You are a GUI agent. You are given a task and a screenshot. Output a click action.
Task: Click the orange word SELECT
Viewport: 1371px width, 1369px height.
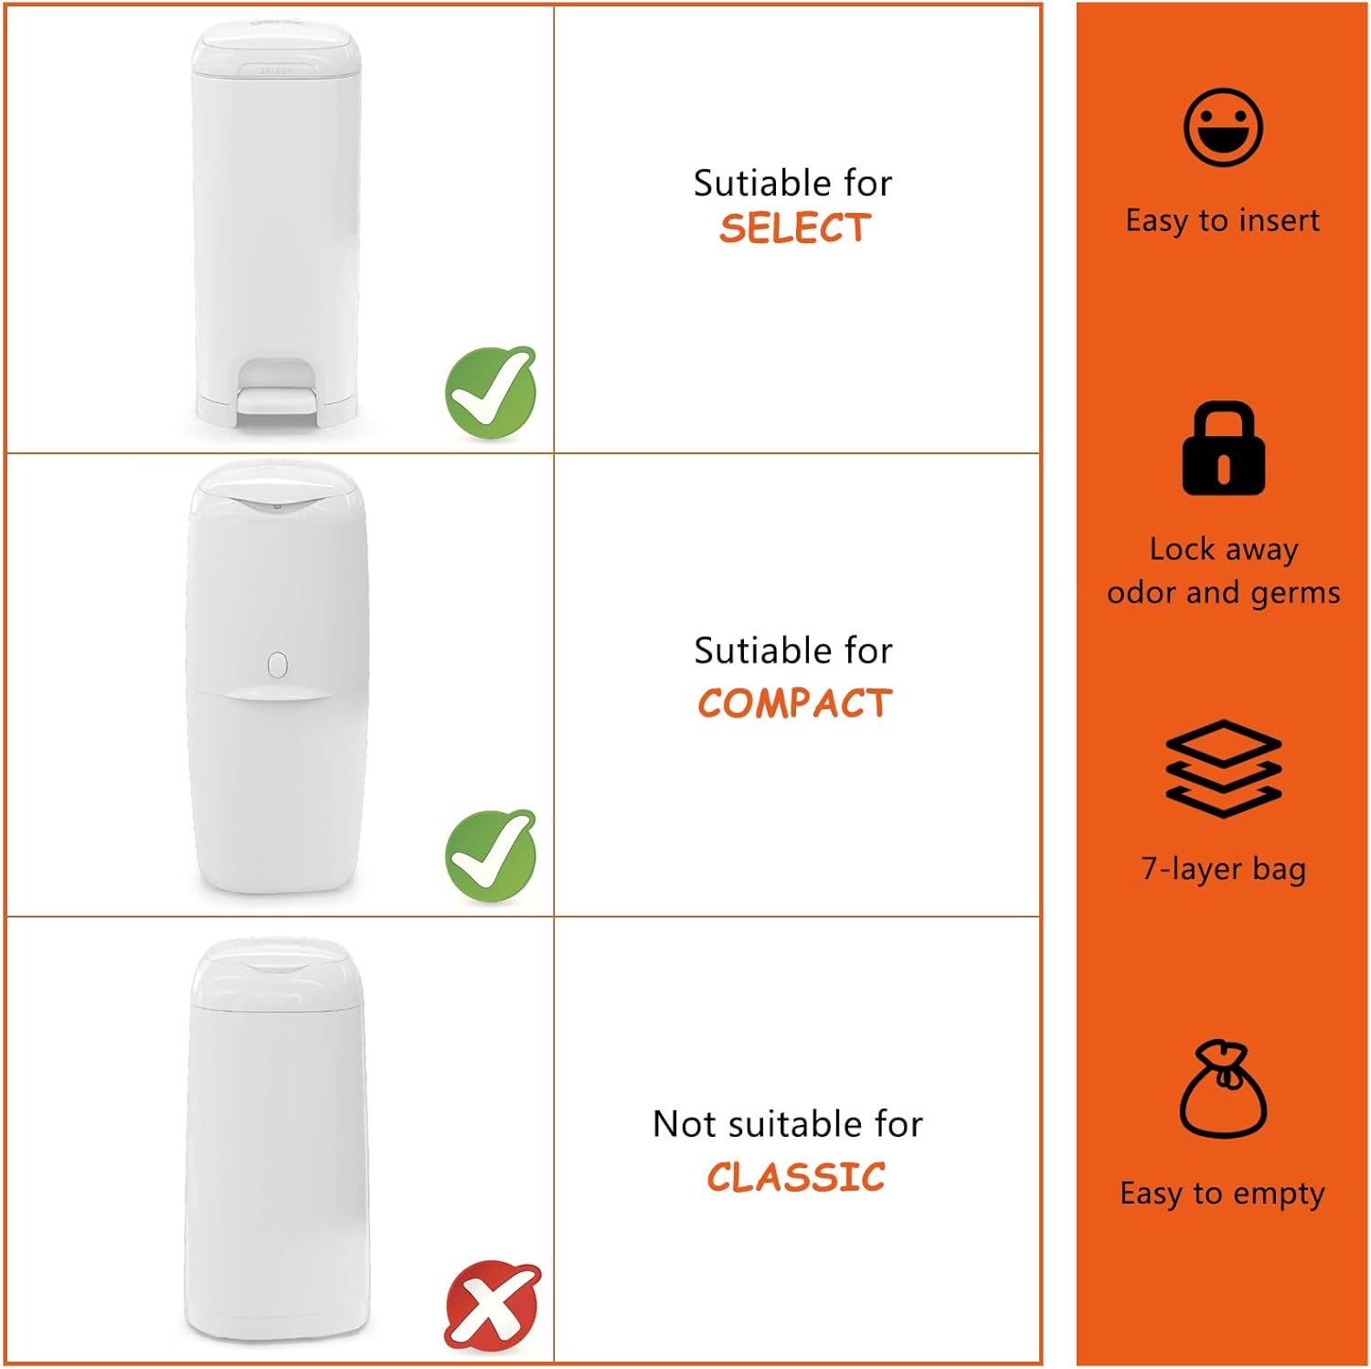point(794,228)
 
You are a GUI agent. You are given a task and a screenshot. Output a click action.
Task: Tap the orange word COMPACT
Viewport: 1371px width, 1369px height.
point(794,703)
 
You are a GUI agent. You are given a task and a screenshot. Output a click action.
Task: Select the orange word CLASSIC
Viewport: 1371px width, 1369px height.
point(795,1177)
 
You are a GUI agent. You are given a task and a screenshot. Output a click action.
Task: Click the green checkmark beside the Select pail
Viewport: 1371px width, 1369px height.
point(491,392)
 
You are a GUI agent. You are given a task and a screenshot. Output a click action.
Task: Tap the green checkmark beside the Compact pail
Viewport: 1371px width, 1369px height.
point(491,855)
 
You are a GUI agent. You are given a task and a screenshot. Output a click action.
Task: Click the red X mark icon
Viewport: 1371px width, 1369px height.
point(493,1304)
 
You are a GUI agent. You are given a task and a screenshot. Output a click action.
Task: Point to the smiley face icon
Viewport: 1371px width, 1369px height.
point(1223,127)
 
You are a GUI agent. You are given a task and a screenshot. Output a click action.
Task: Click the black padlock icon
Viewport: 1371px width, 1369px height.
point(1224,448)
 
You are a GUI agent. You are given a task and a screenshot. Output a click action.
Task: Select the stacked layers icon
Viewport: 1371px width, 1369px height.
point(1224,768)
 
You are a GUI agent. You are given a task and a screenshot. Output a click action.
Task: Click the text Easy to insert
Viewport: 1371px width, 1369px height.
point(1223,221)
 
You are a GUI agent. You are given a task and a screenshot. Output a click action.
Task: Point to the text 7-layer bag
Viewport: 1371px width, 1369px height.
point(1223,868)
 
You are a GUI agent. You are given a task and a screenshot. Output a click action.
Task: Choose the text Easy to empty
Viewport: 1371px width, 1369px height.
point(1222,1194)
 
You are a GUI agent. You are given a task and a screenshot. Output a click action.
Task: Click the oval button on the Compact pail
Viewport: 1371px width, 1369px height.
point(278,664)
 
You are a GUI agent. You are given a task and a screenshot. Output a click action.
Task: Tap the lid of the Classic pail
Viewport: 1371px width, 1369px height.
point(277,974)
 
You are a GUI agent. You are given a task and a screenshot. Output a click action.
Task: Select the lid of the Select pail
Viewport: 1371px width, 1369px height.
point(275,49)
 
